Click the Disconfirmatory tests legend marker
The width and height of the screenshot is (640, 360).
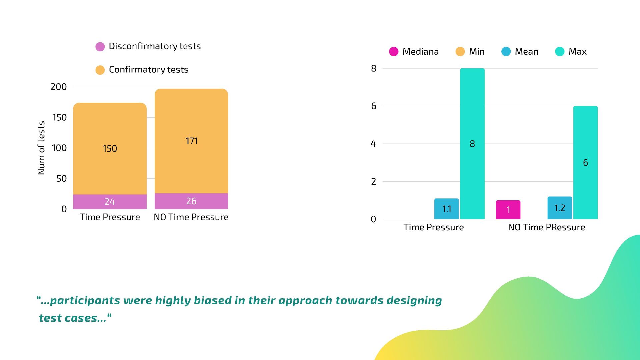100,47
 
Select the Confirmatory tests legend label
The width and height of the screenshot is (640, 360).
148,70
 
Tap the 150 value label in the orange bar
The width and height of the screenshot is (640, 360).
110,149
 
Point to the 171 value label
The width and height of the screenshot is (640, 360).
191,141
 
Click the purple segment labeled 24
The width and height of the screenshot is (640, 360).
110,202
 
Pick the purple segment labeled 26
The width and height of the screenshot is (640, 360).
191,201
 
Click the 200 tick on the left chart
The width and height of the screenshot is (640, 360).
59,87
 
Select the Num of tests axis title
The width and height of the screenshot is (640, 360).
41,148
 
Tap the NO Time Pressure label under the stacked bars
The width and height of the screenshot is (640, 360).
191,217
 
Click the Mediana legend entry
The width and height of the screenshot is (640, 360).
414,52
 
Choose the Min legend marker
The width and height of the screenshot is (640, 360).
460,52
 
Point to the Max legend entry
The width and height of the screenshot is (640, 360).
571,52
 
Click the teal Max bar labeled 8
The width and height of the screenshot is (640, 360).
472,144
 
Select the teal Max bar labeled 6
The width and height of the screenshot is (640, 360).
585,163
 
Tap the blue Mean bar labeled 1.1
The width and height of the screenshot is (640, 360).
446,209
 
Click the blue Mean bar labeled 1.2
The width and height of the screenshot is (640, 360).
560,208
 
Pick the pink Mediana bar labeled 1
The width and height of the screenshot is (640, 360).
508,210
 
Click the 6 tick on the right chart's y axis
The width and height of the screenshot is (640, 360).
374,106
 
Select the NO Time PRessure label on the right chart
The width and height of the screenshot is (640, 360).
546,227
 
